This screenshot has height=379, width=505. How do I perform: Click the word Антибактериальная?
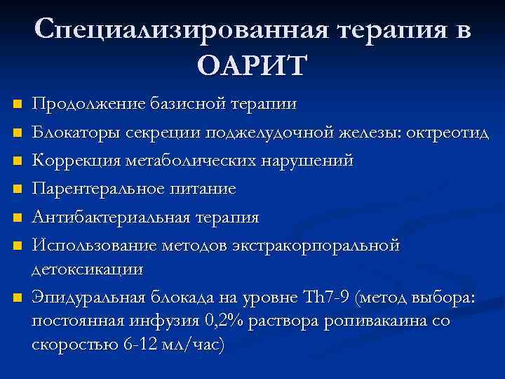106,217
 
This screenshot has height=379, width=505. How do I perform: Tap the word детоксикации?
87,269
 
